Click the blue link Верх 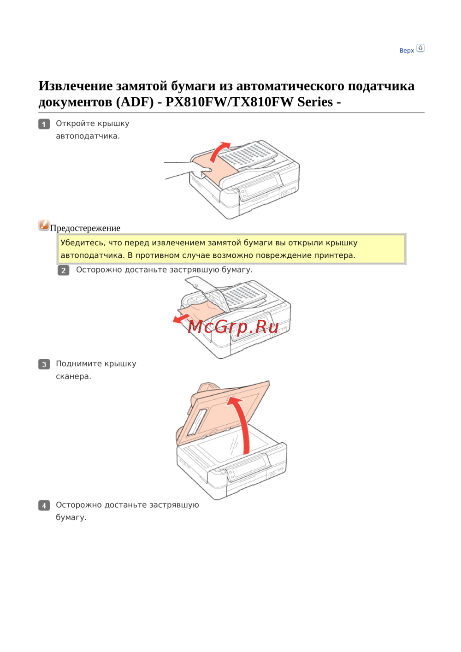tap(406, 51)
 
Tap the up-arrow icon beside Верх tap(420, 48)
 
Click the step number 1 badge tap(44, 124)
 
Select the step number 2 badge tap(63, 270)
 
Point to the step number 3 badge tap(44, 364)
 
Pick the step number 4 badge tap(44, 505)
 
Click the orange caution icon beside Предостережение tap(44, 225)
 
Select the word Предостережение tap(85, 228)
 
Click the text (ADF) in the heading tap(135, 102)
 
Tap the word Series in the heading tap(315, 102)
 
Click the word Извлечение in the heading tap(76, 86)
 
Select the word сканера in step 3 tap(73, 377)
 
